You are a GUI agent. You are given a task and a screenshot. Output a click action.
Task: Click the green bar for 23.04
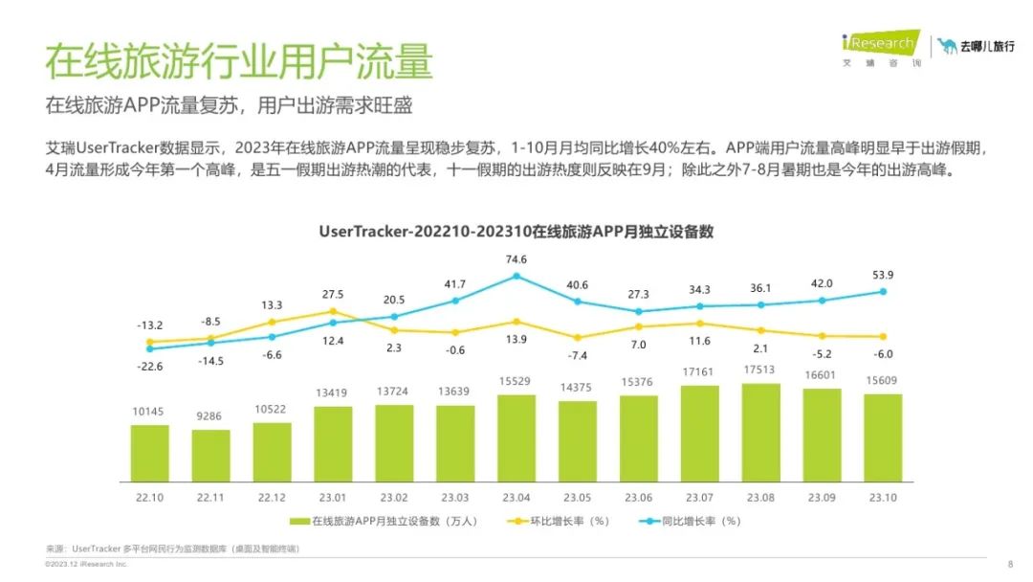516,436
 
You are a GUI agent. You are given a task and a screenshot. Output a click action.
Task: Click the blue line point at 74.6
516,276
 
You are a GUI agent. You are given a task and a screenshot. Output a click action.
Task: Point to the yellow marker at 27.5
333,311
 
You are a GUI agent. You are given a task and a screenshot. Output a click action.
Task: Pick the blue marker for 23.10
883,292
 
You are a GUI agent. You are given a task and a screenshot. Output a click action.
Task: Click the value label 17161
699,370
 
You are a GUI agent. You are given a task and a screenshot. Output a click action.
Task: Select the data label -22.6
150,366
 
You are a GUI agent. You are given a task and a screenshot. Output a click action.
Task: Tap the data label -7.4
577,355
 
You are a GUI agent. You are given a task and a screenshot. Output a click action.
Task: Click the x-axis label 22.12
272,498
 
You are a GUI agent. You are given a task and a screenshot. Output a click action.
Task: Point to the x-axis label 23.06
638,498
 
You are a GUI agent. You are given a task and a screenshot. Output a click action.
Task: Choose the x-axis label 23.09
822,498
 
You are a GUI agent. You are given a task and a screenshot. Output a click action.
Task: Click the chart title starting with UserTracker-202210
516,233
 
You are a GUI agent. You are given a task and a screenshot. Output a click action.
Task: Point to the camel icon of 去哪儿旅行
947,46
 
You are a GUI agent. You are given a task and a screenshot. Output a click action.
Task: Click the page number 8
1010,564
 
